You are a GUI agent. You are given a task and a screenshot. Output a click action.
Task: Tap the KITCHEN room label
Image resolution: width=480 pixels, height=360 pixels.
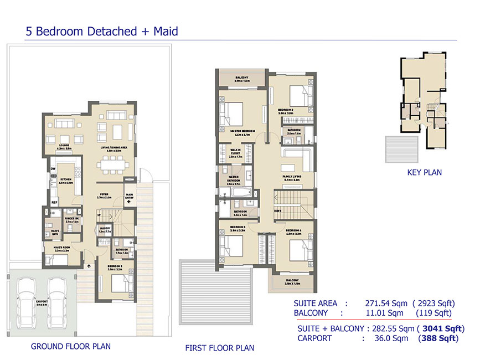point(66,181)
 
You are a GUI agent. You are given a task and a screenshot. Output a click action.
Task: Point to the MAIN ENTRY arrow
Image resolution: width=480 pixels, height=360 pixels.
point(129,202)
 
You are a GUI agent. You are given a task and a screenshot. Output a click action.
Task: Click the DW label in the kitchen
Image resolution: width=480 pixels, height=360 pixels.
point(53,168)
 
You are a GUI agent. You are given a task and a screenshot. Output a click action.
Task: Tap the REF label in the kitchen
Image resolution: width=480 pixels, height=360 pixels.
point(54,203)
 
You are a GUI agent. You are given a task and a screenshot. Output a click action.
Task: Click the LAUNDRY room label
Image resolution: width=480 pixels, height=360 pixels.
point(105,229)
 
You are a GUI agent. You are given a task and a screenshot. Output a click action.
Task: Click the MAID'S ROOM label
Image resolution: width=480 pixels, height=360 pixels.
point(61,249)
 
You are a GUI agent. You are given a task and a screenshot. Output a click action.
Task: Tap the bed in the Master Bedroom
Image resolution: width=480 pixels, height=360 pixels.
point(231,114)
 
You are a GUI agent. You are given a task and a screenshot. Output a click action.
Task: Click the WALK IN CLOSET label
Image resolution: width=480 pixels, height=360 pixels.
point(235,153)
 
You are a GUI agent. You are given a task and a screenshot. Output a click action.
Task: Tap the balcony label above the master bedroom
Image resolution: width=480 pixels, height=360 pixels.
point(242,79)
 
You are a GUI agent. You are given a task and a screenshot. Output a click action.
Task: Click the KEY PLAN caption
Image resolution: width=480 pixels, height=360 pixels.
point(424,172)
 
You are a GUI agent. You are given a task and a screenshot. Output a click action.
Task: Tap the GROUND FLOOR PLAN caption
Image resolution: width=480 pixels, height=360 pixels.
point(70,347)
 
